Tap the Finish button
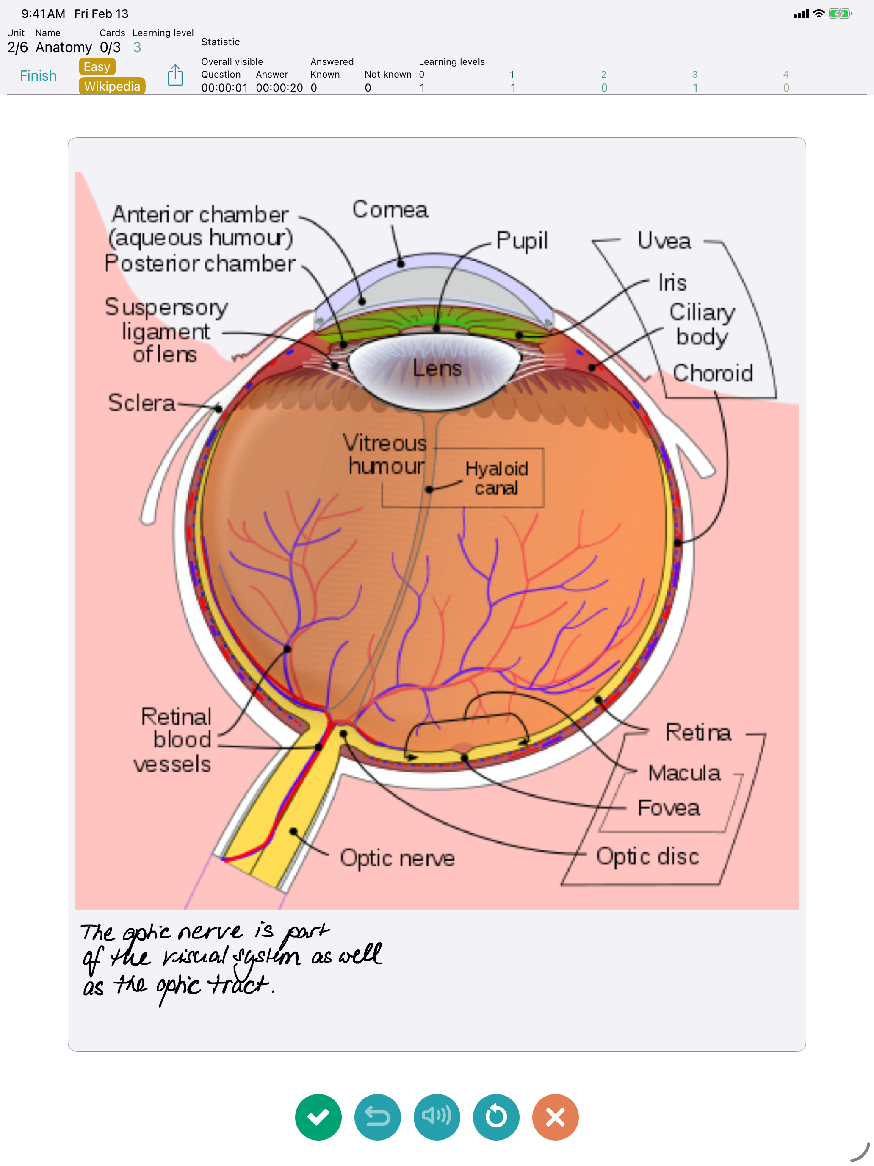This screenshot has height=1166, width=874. [x=38, y=76]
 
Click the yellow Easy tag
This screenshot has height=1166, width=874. [x=97, y=67]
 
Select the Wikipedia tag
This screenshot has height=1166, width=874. [x=112, y=86]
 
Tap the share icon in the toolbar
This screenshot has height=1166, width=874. [x=175, y=75]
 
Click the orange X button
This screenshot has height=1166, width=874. [x=555, y=1116]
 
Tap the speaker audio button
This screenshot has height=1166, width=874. [x=437, y=1116]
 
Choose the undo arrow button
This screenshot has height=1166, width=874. [x=377, y=1116]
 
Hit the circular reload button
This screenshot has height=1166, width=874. [x=496, y=1116]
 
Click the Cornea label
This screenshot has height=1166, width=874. [x=390, y=210]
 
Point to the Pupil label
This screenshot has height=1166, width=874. [x=522, y=241]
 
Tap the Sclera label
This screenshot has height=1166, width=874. [x=141, y=403]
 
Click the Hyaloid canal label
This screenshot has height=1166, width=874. [x=496, y=478]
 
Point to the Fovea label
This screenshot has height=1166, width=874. [x=669, y=808]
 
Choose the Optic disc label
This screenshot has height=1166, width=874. [x=647, y=856]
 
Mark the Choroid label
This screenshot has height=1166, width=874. [x=713, y=373]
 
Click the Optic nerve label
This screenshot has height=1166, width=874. [x=397, y=858]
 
